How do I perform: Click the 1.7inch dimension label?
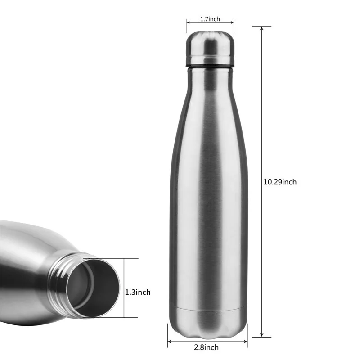click(x=210, y=19)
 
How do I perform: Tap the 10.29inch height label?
click(x=280, y=182)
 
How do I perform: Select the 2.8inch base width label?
click(x=206, y=347)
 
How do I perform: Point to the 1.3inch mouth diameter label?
click(x=138, y=292)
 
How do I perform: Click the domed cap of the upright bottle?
click(x=210, y=48)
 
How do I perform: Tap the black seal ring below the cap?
click(x=210, y=66)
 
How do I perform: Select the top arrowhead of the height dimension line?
click(x=262, y=28)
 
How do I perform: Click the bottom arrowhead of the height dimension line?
click(x=262, y=335)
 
